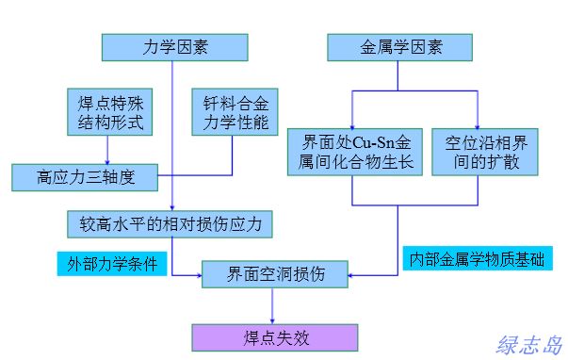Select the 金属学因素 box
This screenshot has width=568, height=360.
click(399, 46)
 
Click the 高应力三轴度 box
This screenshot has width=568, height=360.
click(86, 175)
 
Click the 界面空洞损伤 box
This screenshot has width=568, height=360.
click(276, 275)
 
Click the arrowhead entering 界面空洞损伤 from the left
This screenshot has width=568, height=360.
click(202, 275)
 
